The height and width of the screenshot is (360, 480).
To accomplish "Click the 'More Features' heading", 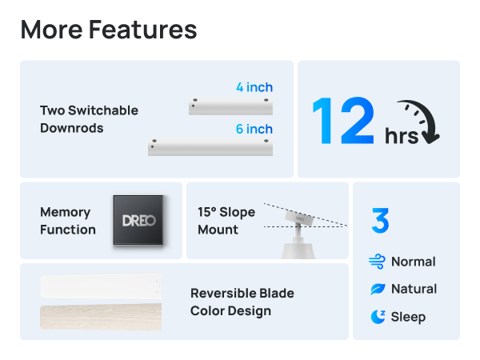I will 109,30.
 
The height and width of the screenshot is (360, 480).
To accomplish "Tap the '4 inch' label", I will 254,87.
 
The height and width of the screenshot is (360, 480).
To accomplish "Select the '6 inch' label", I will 254,129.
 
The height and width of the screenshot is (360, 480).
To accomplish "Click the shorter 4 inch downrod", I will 231,106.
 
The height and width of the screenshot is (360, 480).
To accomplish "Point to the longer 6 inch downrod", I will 210,147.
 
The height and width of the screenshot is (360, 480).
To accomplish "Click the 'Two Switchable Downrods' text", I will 89,119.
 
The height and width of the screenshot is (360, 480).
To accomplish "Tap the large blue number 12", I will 342,122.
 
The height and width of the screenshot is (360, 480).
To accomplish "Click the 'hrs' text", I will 401,137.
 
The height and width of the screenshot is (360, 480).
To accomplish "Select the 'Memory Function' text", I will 68,221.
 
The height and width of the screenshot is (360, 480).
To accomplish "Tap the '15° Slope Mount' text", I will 226,221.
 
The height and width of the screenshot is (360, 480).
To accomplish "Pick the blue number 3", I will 380,221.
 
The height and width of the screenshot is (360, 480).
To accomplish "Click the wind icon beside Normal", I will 378,262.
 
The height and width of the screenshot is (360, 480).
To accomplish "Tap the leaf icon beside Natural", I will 378,289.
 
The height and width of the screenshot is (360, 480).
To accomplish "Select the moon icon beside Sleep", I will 378,317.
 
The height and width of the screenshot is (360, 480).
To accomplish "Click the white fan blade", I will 101,286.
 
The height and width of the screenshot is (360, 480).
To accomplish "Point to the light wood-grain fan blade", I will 101,317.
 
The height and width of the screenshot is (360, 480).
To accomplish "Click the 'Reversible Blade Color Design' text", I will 242,302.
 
